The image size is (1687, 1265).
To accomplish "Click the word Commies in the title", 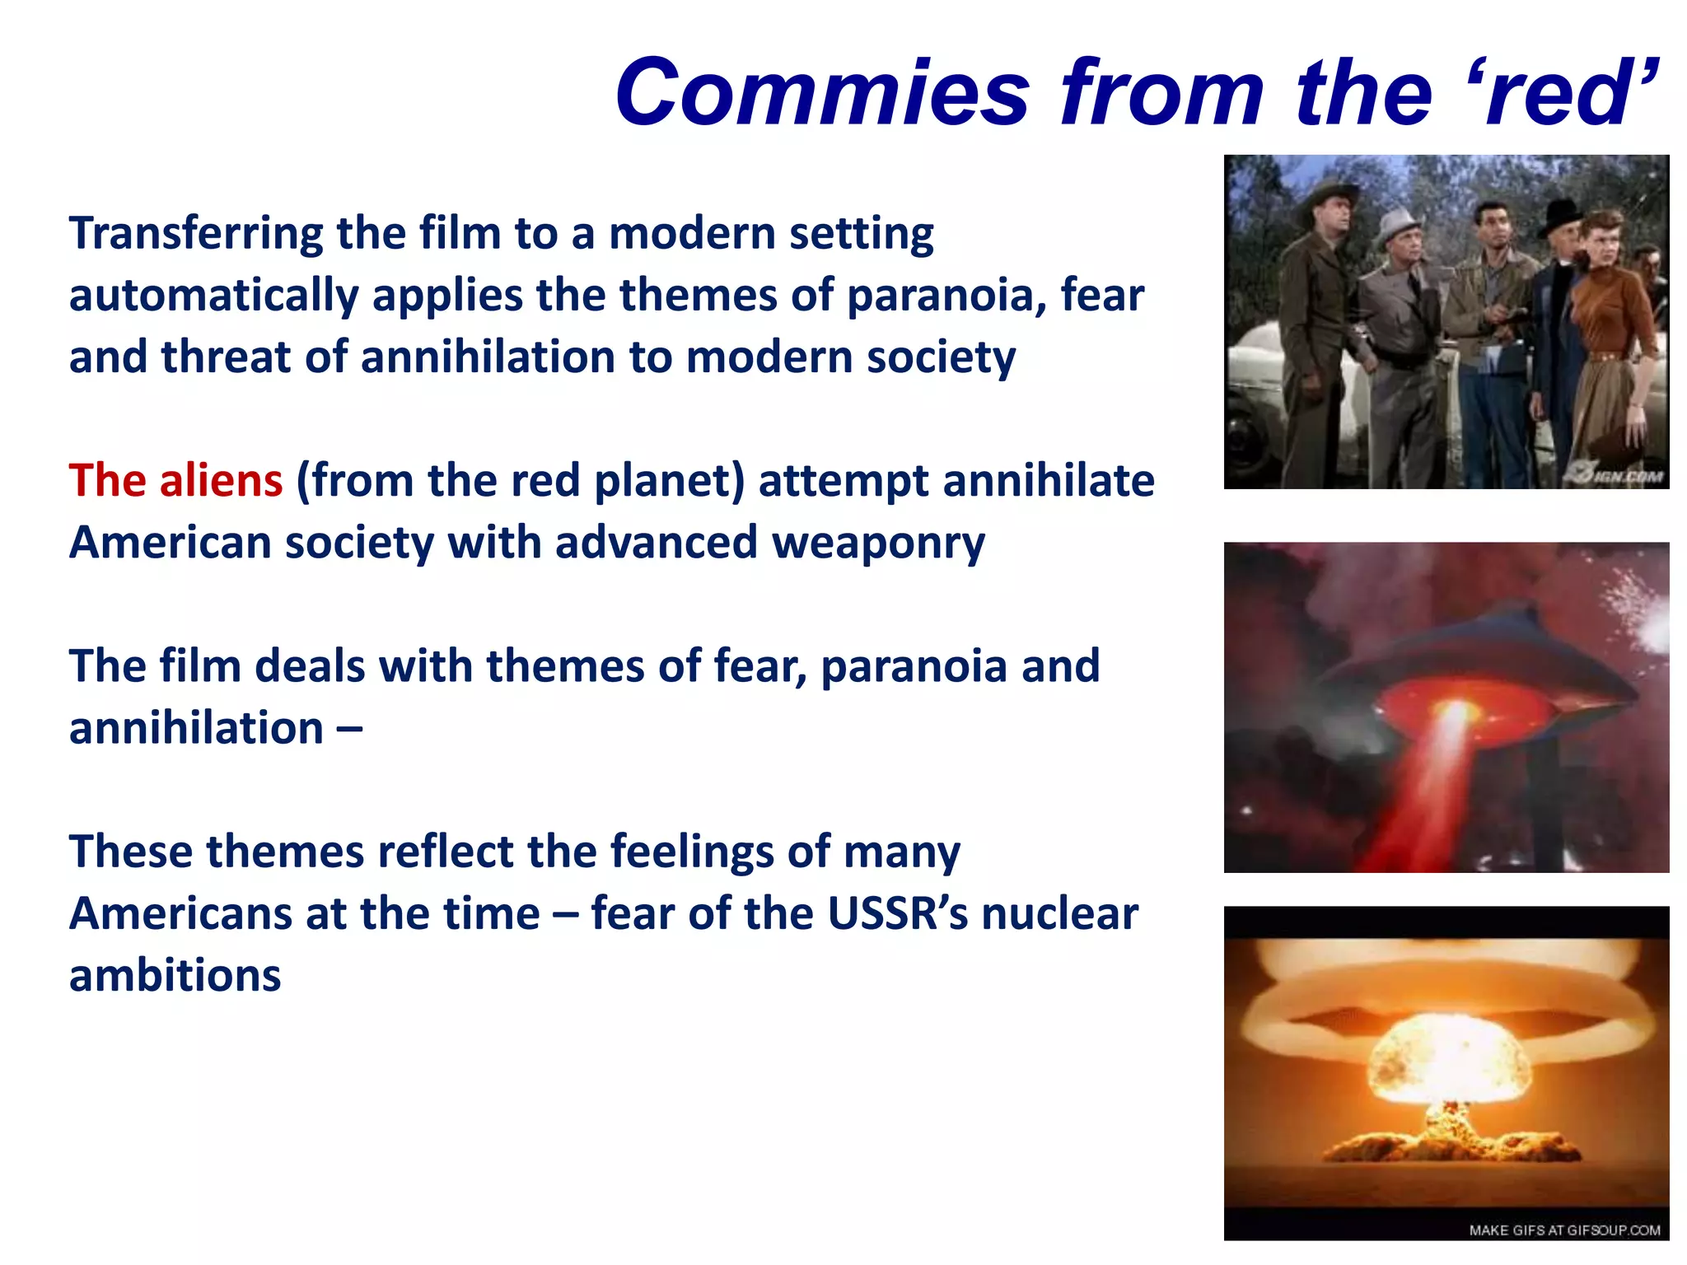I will coord(822,93).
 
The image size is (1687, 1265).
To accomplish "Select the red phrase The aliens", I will coord(175,481).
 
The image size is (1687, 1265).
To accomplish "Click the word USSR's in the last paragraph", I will coord(897,914).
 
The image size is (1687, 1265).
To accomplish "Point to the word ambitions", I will coord(175,976).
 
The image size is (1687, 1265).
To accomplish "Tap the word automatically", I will coord(213,296).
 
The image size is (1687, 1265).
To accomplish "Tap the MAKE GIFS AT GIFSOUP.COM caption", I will coord(1563,1230).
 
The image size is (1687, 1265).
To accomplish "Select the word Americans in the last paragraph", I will coord(180,914).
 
